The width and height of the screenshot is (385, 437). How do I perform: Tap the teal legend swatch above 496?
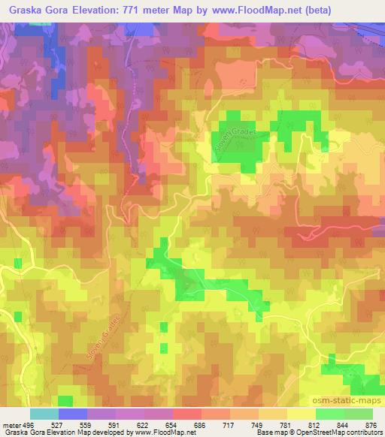tap(44, 413)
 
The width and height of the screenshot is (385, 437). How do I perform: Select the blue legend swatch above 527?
tap(72, 413)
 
